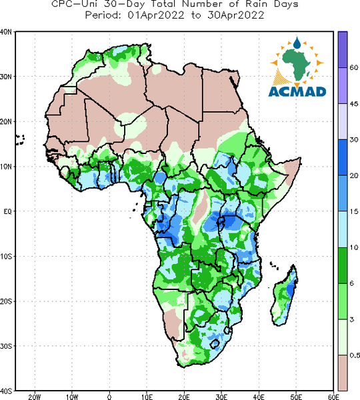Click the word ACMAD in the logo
(297, 91)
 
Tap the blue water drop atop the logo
(297, 43)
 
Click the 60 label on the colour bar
(353, 67)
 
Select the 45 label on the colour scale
(353, 104)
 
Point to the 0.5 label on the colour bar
(355, 355)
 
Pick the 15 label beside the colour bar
(353, 211)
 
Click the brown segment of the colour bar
(343, 373)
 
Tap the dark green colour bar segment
(343, 265)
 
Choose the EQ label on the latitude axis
(7, 211)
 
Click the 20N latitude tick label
(6, 122)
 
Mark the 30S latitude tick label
(6, 346)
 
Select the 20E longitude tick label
(184, 397)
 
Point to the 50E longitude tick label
(296, 397)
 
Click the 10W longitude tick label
(72, 397)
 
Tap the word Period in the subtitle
(103, 15)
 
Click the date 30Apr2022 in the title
(235, 15)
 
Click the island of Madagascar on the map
(285, 296)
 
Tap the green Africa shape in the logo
(297, 64)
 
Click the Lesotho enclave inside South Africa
(215, 343)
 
